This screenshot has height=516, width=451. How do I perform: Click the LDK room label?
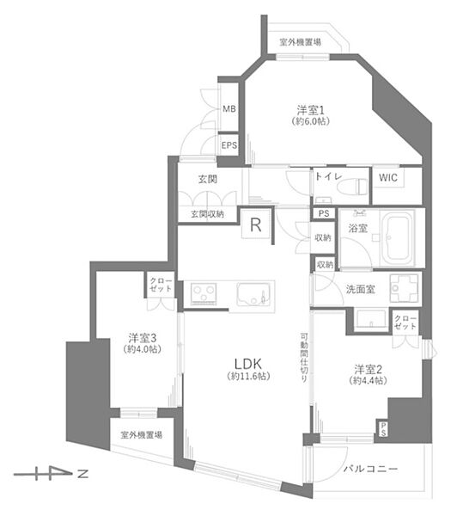(x=248, y=364)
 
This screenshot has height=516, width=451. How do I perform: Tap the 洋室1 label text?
(x=311, y=109)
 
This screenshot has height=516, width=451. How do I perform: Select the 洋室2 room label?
(x=369, y=369)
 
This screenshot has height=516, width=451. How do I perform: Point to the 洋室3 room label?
(x=143, y=338)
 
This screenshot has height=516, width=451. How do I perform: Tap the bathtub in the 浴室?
(x=398, y=237)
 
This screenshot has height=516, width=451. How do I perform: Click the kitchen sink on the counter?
(x=253, y=294)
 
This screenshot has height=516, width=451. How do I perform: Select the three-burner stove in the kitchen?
(x=204, y=293)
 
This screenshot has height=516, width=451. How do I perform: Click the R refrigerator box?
(x=256, y=224)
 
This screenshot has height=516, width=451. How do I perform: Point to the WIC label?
(x=388, y=178)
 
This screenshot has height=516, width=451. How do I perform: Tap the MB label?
(x=229, y=108)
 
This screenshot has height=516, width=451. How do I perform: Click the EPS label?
(x=229, y=145)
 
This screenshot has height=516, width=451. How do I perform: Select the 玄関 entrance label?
(x=208, y=180)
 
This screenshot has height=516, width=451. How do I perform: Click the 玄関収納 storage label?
(x=207, y=214)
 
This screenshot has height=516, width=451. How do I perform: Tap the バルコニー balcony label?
(x=370, y=469)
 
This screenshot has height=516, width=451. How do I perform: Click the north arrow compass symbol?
(x=51, y=474)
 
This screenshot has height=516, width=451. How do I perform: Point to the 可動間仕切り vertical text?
(x=304, y=358)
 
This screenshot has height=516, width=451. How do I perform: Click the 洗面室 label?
(x=360, y=289)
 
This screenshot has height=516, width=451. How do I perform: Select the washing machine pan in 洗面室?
(x=405, y=288)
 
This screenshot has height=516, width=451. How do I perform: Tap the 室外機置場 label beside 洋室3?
(x=142, y=434)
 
